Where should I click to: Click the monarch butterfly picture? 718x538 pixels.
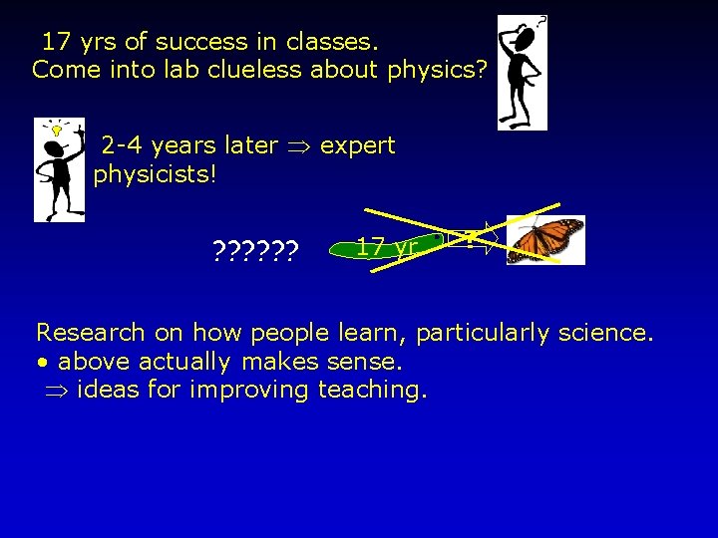[x=544, y=240]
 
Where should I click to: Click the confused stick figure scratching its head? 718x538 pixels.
[x=523, y=73]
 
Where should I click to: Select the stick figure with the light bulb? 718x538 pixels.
[x=59, y=169]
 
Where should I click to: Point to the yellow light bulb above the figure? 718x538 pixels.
[x=57, y=130]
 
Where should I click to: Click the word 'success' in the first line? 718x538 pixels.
[x=208, y=42]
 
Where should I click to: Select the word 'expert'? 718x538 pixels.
[x=358, y=145]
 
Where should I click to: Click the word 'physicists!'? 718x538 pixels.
[x=155, y=175]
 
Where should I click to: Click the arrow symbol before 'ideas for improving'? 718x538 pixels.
[x=58, y=390]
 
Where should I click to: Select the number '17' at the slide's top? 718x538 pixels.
[x=56, y=42]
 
